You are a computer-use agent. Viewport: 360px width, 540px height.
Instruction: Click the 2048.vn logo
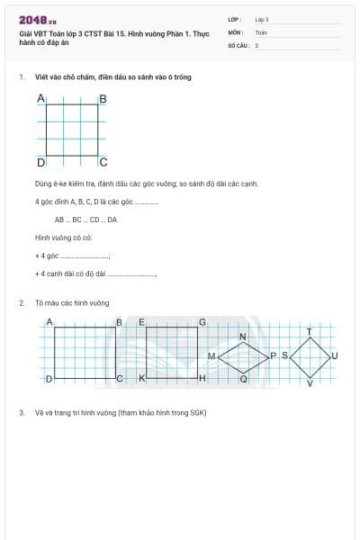38,20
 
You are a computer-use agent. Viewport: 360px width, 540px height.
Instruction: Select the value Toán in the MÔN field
261,31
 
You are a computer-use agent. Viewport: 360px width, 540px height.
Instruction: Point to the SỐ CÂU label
237,44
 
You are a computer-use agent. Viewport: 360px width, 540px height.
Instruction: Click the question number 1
21,77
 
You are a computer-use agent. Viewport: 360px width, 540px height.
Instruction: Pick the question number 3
21,412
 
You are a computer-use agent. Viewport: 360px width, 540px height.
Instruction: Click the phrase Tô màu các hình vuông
72,303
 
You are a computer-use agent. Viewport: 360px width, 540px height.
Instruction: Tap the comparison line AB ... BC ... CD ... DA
85,220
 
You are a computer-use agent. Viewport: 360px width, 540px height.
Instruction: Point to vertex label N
242,337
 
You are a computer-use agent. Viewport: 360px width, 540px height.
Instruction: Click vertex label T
310,331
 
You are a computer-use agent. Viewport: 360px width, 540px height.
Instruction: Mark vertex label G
202,322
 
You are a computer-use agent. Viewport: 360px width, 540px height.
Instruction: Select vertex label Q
243,380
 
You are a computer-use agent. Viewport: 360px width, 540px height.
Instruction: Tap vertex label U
335,356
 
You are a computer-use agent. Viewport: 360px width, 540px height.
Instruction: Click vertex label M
211,357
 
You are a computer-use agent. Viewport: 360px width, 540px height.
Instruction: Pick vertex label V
310,384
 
